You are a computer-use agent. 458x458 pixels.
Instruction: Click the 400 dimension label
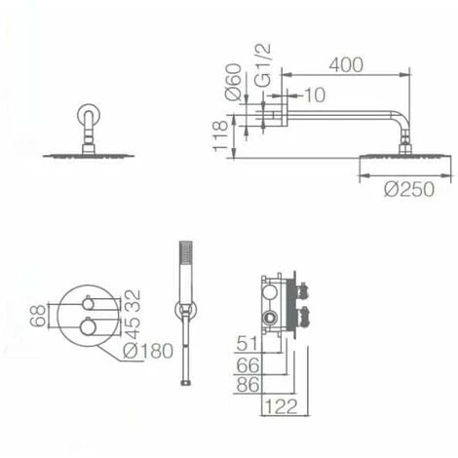tap(346, 65)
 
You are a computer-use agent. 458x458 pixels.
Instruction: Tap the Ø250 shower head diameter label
tap(409, 189)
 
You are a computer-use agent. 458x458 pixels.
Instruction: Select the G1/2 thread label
tap(262, 65)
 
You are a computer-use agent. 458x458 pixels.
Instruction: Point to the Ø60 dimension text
tap(233, 82)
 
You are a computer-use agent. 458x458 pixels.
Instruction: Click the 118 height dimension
tap(220, 135)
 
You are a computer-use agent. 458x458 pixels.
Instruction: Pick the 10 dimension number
tap(315, 95)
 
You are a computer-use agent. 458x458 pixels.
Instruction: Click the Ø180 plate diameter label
tap(148, 351)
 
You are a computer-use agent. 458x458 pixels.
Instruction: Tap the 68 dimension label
tap(38, 316)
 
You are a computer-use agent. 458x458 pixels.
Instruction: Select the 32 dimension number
tap(133, 300)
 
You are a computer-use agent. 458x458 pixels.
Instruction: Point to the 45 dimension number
tap(133, 327)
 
